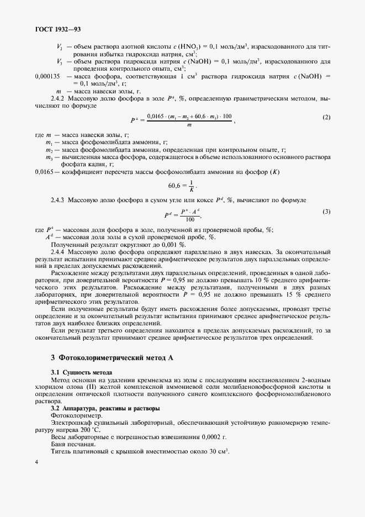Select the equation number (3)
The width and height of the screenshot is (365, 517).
[326, 212]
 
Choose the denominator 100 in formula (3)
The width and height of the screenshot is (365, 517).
[191, 219]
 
